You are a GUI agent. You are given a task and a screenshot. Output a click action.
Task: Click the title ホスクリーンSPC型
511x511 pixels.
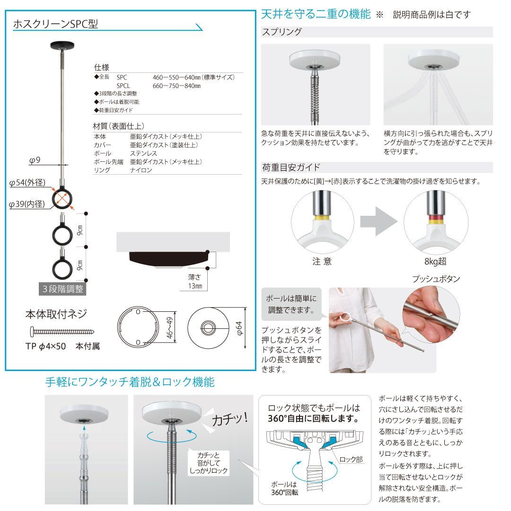(x=55, y=24)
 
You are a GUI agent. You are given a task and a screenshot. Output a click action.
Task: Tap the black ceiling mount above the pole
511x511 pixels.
(x=62, y=45)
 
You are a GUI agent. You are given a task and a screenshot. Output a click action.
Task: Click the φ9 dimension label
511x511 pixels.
(x=35, y=160)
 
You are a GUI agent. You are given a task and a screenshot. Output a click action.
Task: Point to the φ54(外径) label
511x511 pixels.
(x=27, y=183)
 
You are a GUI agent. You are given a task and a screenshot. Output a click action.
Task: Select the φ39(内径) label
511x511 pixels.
(x=26, y=204)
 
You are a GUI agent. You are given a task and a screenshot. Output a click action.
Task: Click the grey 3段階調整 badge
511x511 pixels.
(x=62, y=289)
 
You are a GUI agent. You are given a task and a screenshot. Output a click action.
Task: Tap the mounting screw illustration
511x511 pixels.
(x=62, y=332)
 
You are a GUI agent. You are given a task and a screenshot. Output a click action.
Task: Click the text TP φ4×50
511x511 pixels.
(x=45, y=346)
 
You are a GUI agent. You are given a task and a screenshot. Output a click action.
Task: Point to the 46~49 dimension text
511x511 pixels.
(x=169, y=327)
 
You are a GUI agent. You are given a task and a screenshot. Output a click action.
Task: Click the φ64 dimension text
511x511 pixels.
(x=239, y=328)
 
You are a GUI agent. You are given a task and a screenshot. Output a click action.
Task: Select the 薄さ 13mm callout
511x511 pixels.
(x=195, y=282)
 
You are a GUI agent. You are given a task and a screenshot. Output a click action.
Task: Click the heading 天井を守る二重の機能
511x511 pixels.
(x=316, y=14)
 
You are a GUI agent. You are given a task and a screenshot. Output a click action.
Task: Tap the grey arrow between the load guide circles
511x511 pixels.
(x=379, y=221)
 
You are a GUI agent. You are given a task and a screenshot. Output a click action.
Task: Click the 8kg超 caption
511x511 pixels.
(x=435, y=261)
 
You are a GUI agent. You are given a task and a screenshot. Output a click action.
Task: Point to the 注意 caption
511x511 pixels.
(x=322, y=261)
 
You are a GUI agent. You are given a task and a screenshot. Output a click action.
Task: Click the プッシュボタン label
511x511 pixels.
(x=436, y=279)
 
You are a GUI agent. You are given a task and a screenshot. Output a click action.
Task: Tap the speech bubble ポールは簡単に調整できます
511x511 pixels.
(x=291, y=304)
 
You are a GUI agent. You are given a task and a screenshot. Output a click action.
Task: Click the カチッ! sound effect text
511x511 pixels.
(x=230, y=419)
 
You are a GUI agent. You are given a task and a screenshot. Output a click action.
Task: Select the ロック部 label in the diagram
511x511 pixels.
(x=351, y=459)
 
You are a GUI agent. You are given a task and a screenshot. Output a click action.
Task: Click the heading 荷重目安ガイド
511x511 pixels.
(x=291, y=167)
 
